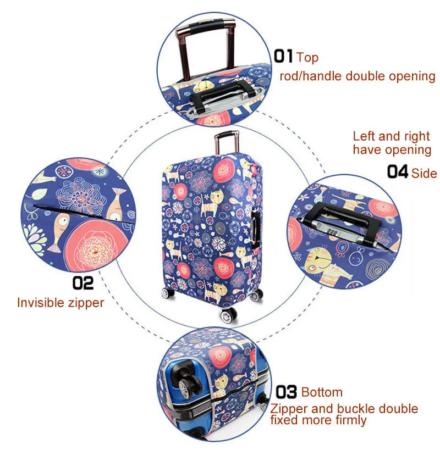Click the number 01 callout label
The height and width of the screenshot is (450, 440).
(x=284, y=56)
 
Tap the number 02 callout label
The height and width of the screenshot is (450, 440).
(x=83, y=283)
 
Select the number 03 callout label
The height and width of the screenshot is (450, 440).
(x=286, y=392)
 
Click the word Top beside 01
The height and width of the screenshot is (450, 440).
(x=307, y=57)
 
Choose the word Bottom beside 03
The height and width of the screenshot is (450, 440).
(x=322, y=392)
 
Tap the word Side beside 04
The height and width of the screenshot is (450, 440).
(x=424, y=174)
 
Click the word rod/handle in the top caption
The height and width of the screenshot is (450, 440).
(x=310, y=76)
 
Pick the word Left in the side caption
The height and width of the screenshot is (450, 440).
(x=364, y=136)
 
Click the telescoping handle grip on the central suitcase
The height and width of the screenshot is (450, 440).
(x=226, y=134)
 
